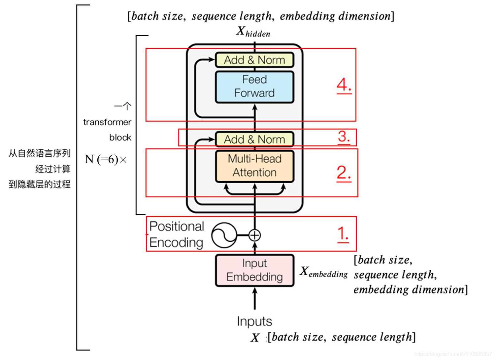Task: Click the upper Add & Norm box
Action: pyautogui.click(x=254, y=60)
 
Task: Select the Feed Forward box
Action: pyautogui.click(x=254, y=86)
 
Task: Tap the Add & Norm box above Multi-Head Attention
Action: pyautogui.click(x=254, y=139)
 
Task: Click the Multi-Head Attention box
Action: pyautogui.click(x=254, y=166)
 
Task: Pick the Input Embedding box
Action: pyautogui.click(x=254, y=270)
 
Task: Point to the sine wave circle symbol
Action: pyautogui.click(x=224, y=235)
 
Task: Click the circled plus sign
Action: pyautogui.click(x=254, y=235)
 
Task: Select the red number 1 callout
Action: pyautogui.click(x=343, y=234)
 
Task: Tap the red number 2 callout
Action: pyautogui.click(x=344, y=173)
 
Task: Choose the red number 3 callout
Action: pyautogui.click(x=344, y=136)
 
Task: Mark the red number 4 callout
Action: pyautogui.click(x=344, y=85)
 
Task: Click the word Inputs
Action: pyautogui.click(x=254, y=321)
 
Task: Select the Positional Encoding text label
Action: pyautogui.click(x=177, y=234)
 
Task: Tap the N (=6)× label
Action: pyautogui.click(x=106, y=160)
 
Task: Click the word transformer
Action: pyautogui.click(x=107, y=122)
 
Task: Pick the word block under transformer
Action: pyautogui.click(x=120, y=137)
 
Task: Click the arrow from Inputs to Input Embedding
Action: pyautogui.click(x=254, y=298)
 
